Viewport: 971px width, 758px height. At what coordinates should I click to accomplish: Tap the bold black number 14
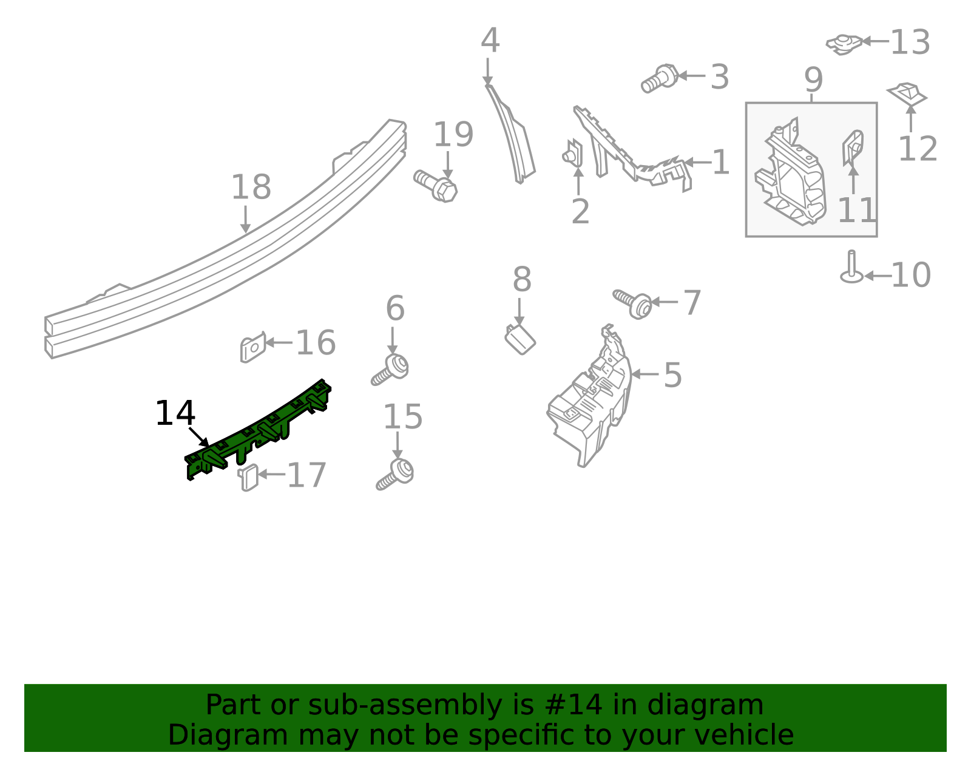(175, 414)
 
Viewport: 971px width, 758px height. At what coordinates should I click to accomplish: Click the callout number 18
(251, 188)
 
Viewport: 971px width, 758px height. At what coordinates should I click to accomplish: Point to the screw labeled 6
(391, 368)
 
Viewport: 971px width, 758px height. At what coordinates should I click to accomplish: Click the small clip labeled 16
(252, 348)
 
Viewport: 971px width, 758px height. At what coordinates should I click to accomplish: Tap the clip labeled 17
(248, 477)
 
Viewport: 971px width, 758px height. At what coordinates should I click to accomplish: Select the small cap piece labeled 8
(520, 339)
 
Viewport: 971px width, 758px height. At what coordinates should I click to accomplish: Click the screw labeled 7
(633, 303)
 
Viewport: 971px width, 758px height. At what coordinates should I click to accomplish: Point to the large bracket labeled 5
(589, 401)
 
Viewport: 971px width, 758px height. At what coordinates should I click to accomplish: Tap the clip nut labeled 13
(844, 44)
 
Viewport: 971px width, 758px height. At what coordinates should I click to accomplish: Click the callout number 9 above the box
(813, 80)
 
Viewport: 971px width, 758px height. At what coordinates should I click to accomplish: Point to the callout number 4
(490, 41)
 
